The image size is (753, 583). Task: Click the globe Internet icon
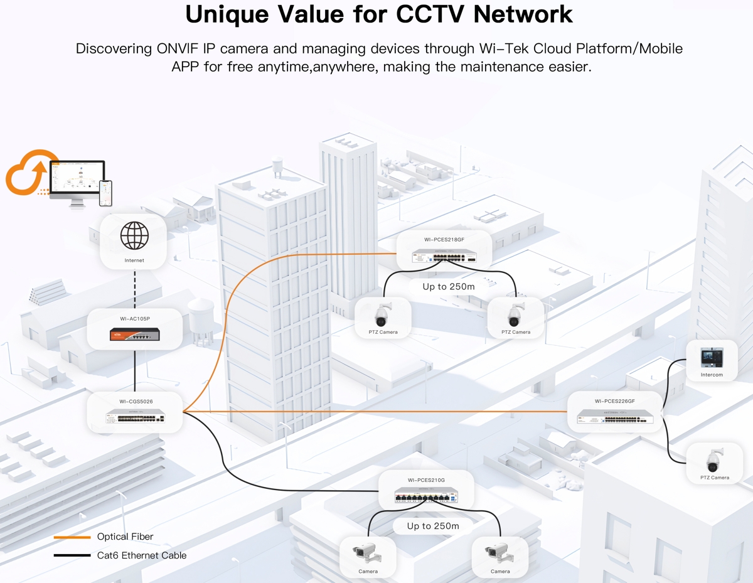pos(134,236)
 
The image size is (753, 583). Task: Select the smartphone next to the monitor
pos(105,193)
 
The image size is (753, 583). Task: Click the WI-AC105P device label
pos(135,319)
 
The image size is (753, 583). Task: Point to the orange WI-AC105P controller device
pos(134,334)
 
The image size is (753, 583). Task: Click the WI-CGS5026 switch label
pos(136,402)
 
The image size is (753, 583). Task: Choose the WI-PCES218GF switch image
pos(444,257)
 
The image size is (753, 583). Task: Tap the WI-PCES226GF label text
pos(614,401)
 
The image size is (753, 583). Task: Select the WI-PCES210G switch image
pos(426,497)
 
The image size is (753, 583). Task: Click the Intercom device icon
pos(712,358)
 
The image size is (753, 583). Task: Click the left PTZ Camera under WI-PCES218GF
pos(383,314)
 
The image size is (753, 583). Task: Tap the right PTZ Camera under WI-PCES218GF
pos(515,314)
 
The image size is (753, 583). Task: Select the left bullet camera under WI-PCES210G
pos(367,553)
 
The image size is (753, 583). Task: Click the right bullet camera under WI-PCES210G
pos(499,553)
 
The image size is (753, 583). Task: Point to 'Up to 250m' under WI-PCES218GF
pos(448,287)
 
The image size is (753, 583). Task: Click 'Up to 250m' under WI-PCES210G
pos(433,526)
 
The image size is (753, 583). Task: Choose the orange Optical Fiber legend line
pos(72,537)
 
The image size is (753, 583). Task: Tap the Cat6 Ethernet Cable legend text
pos(141,555)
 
